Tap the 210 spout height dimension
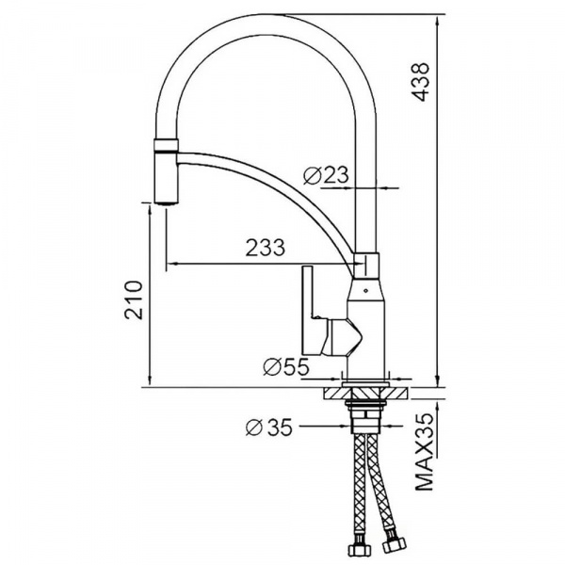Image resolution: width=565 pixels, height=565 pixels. click(x=134, y=299)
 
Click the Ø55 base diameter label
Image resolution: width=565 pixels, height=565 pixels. click(x=286, y=368)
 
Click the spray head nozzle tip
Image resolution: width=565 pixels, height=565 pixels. click(x=164, y=199)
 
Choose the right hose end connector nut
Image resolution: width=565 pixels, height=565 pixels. click(x=393, y=546)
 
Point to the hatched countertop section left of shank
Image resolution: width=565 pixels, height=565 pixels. click(x=338, y=393)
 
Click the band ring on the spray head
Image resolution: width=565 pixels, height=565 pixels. click(x=165, y=145)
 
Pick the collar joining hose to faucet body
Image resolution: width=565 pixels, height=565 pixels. click(x=366, y=265)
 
